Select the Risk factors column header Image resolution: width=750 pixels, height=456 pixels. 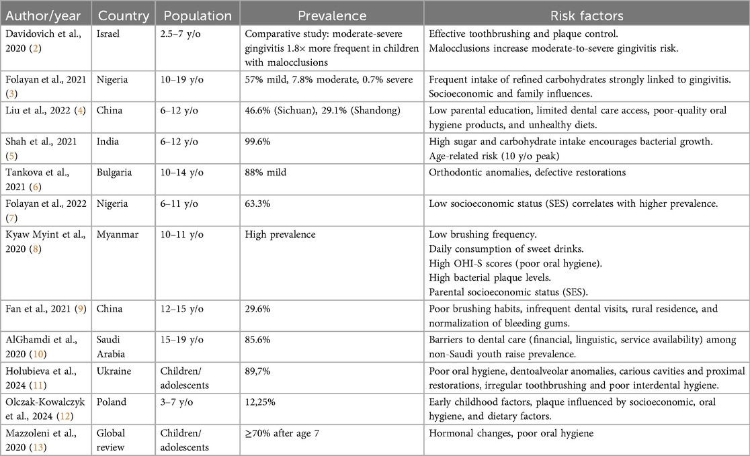[585, 15]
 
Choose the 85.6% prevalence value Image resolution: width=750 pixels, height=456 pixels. [259, 340]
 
